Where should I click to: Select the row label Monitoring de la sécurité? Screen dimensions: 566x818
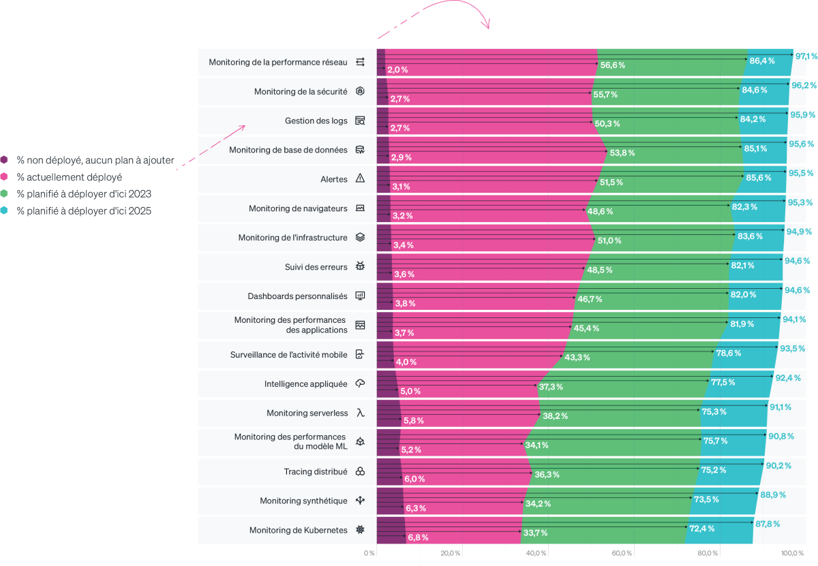tap(301, 91)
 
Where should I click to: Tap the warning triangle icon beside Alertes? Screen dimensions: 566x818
tap(361, 178)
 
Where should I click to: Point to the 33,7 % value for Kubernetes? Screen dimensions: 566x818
tap(535, 533)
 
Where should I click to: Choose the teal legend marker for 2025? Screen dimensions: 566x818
tap(4, 211)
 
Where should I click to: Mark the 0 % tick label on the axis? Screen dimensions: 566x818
tap(369, 553)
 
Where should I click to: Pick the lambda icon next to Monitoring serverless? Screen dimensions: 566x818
tap(361, 413)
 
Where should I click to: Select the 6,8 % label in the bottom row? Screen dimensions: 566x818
tap(418, 537)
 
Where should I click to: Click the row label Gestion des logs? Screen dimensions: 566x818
tap(316, 121)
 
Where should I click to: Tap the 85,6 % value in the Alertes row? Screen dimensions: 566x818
tap(759, 178)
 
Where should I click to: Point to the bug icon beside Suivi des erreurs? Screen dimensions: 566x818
tap(361, 266)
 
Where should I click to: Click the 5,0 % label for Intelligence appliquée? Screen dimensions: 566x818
tap(410, 392)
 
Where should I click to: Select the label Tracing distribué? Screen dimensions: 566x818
tap(316, 471)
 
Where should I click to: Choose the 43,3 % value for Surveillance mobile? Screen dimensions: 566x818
tap(577, 358)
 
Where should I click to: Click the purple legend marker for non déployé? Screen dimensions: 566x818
tap(4, 161)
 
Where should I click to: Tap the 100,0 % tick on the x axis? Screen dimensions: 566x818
tap(792, 553)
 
